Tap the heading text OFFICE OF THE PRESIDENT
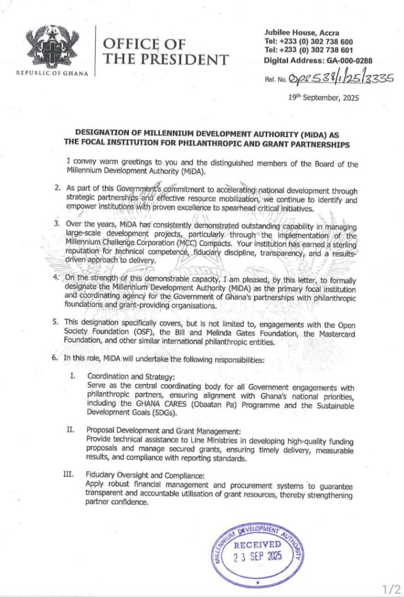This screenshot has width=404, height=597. (165, 51)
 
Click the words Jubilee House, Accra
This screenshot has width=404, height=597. (301, 33)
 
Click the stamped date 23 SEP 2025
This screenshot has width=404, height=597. (258, 556)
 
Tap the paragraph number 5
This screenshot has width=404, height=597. (56, 321)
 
